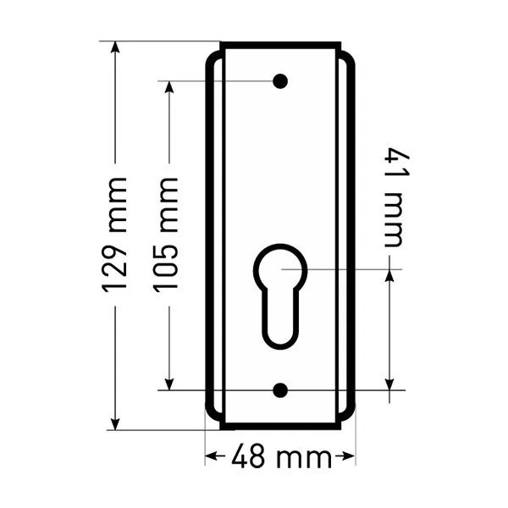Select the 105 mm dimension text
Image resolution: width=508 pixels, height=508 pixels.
coord(166,235)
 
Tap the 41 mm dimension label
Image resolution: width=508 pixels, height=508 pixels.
coord(397,197)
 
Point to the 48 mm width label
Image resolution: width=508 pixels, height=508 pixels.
coord(281,456)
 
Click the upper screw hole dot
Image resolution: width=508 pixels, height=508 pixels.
coord(280,81)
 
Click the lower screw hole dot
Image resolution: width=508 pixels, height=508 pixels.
coord(280,390)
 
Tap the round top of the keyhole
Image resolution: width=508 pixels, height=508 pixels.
coord(280,266)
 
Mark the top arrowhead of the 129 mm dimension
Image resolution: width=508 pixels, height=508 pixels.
coord(115,47)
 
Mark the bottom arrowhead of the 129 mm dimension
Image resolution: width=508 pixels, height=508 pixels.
coord(115,424)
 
